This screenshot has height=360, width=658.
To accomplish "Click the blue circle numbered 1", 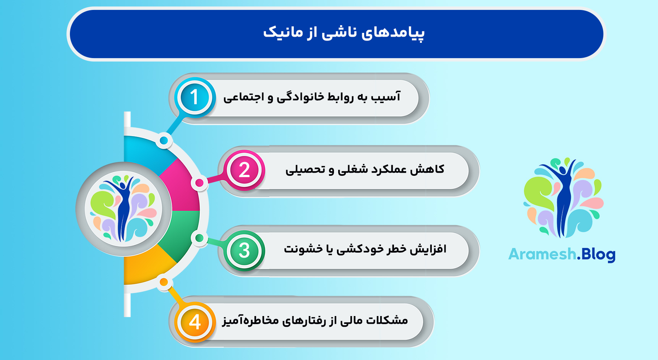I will coord(194,97).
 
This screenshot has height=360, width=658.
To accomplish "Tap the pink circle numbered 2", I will coord(245,170).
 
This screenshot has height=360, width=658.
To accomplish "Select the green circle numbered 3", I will coord(245,250).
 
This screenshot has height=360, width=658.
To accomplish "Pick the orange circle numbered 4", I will coord(195,322).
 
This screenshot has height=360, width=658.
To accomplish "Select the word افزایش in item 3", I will coord(428,249).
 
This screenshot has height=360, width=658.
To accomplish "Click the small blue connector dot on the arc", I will coord(164,141).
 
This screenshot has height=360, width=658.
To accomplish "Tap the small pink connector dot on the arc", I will coord(199,183).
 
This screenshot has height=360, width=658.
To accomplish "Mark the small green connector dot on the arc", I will coord(199,238).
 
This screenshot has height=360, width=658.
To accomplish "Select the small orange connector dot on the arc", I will coord(164,282).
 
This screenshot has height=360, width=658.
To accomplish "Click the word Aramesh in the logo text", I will coord(542,254).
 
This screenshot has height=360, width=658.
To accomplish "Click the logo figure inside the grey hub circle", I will coord(123,208).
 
